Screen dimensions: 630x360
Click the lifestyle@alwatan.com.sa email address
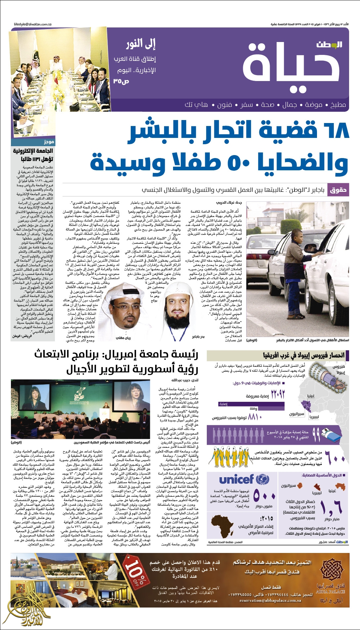(33, 24)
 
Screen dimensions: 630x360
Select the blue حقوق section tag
(338, 190)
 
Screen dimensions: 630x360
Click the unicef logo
(244, 479)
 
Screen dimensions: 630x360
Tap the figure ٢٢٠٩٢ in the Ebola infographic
(278, 394)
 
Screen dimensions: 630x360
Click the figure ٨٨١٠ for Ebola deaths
(255, 417)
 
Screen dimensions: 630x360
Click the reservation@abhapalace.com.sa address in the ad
(270, 601)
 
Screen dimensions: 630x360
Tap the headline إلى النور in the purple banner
(141, 43)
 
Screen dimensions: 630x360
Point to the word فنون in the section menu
(224, 105)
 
